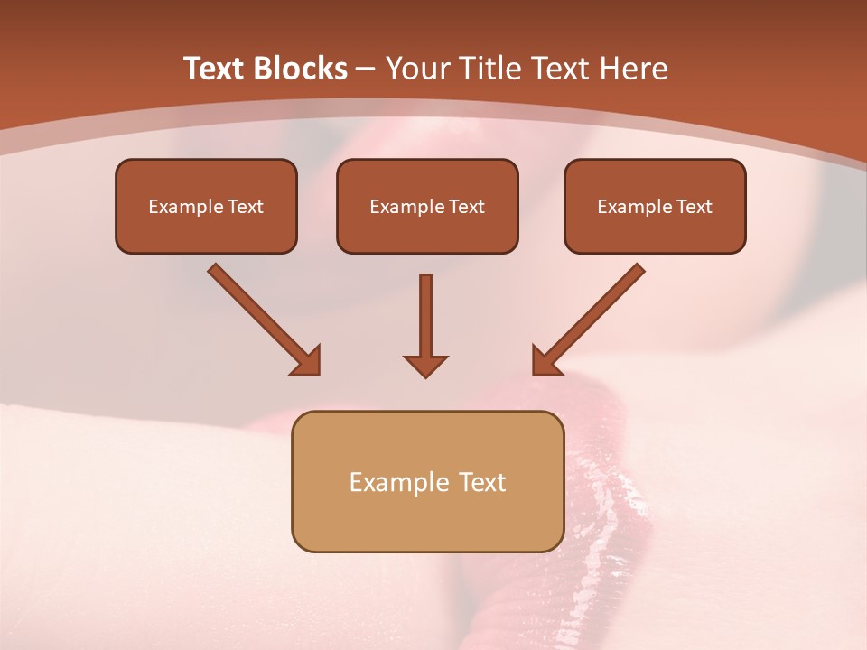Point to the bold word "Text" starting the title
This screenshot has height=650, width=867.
[214, 69]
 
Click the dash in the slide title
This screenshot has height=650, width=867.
[366, 69]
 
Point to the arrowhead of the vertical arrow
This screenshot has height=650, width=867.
[425, 365]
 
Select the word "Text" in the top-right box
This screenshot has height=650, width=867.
[694, 207]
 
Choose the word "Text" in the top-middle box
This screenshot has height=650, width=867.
[466, 207]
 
